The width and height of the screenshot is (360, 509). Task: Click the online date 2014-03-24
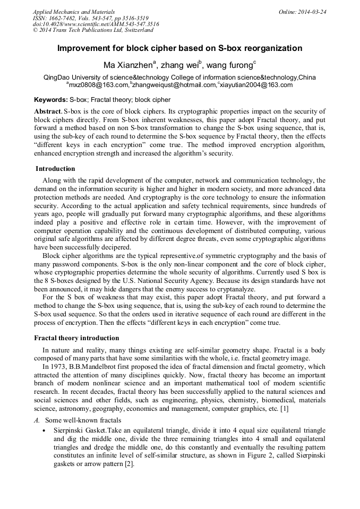point(310,12)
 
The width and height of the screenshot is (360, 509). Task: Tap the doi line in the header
point(96,24)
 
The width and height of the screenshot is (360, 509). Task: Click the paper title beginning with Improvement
point(179,48)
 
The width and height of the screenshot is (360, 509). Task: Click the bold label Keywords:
point(51,100)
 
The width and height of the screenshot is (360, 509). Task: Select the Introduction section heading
point(55,169)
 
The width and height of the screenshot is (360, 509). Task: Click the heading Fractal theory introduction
point(76,338)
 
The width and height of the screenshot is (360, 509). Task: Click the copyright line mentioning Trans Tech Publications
point(93,30)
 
